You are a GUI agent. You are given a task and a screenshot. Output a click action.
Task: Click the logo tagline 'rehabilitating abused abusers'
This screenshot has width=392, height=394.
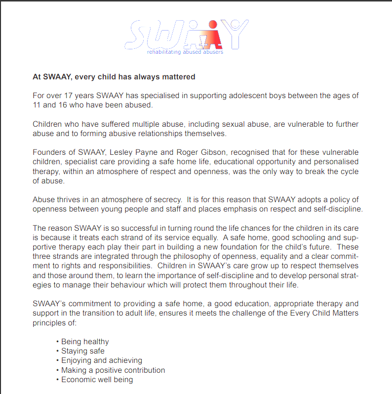(185, 52)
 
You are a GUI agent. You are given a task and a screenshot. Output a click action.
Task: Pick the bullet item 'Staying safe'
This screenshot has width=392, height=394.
(82, 351)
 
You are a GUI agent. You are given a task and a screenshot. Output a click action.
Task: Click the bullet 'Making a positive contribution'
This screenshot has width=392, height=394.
(113, 370)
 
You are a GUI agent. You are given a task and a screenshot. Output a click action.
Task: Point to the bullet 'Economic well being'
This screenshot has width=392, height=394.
(97, 380)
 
